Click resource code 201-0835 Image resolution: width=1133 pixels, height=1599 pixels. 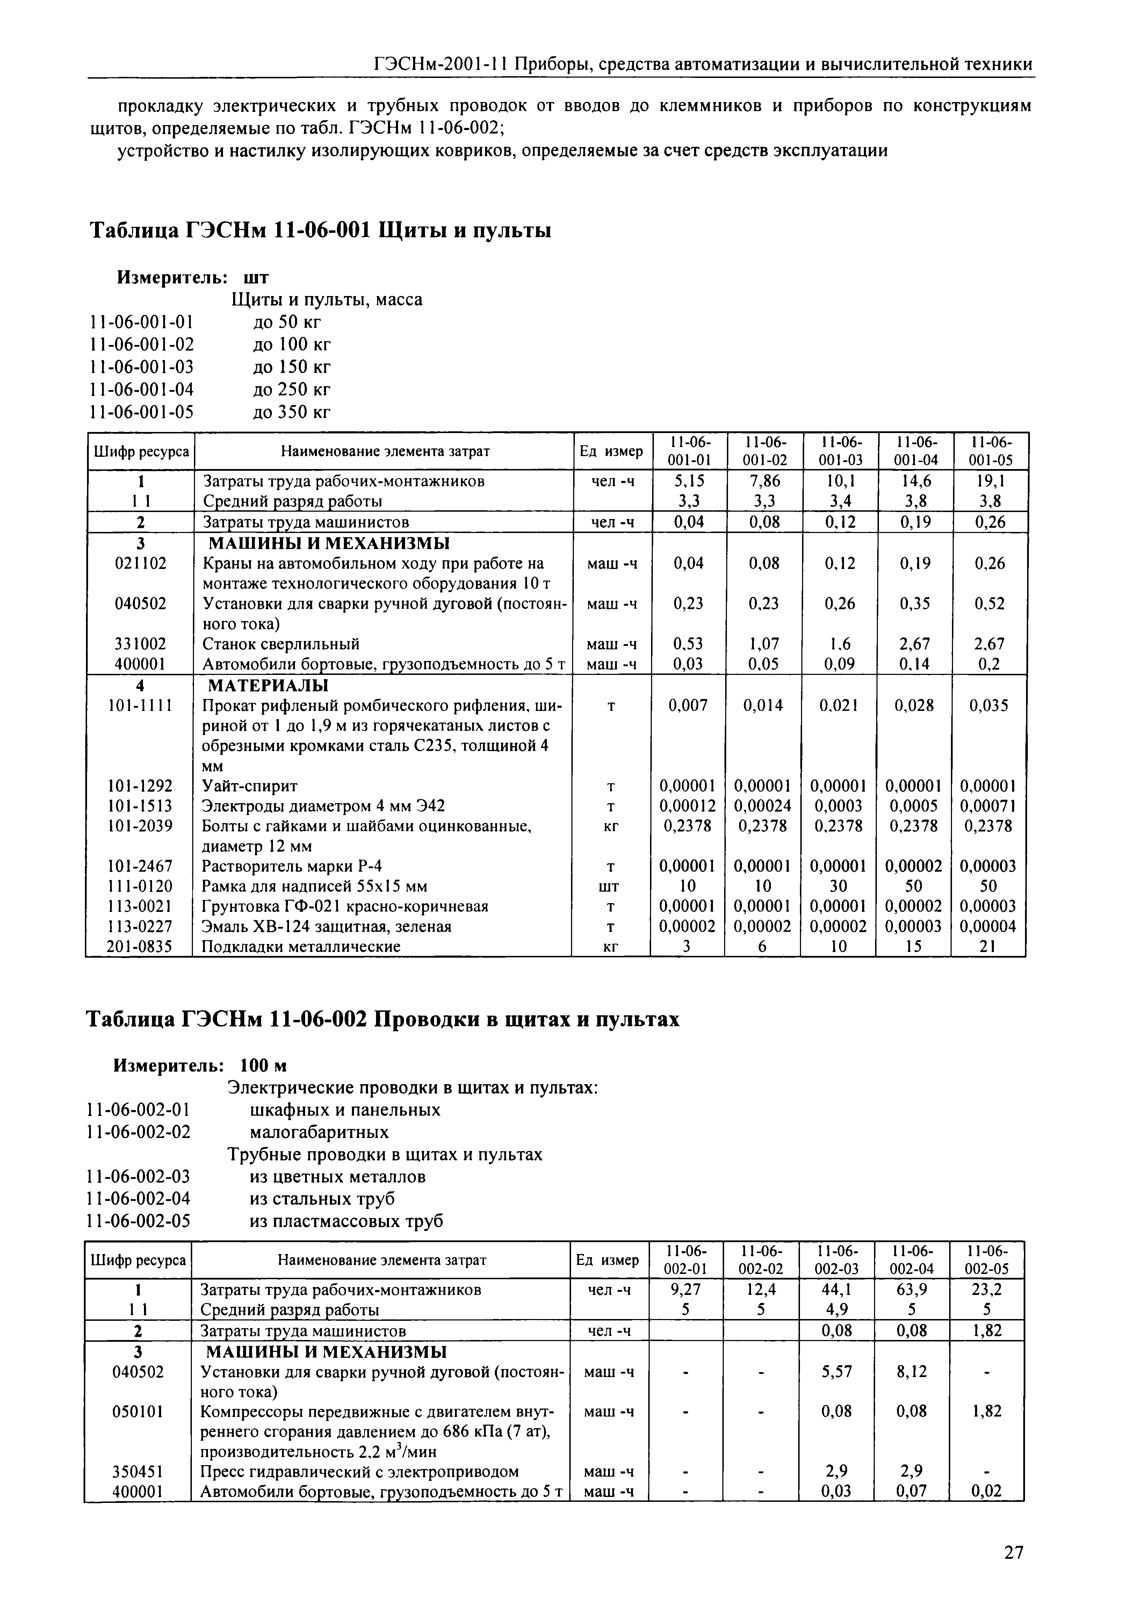pyautogui.click(x=139, y=947)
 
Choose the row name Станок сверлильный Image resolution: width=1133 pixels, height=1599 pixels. pyautogui.click(x=281, y=643)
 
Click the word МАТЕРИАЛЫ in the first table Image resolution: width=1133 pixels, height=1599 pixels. pyautogui.click(x=268, y=684)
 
